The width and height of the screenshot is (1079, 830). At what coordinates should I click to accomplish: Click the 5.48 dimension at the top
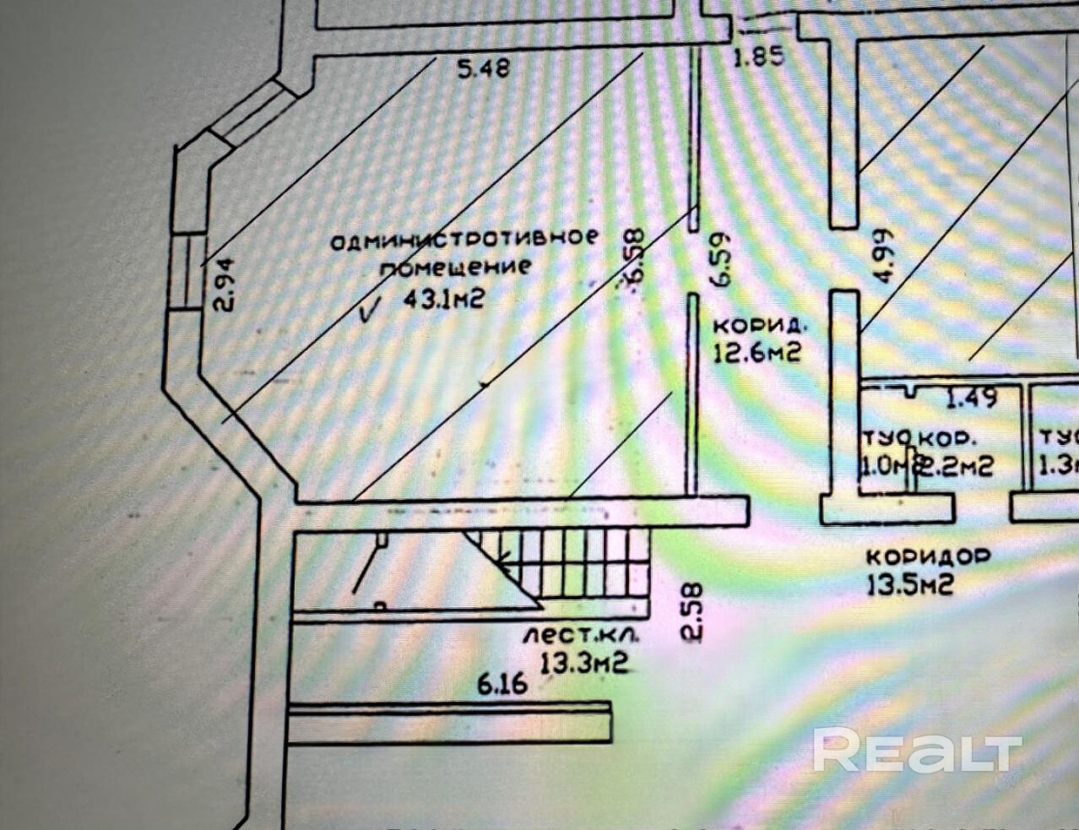483,68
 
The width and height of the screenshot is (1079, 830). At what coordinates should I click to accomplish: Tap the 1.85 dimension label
758,57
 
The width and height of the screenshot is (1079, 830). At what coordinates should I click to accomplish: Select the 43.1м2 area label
445,299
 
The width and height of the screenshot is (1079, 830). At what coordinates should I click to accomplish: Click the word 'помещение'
454,268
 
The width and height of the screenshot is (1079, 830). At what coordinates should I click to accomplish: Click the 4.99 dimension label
882,256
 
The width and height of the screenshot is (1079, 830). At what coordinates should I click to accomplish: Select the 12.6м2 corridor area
756,351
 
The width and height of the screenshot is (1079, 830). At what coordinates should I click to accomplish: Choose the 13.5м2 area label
910,583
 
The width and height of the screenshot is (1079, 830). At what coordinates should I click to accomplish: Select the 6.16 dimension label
503,682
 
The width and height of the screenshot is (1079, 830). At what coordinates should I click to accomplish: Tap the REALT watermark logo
917,749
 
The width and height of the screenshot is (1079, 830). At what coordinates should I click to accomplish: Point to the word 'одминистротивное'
463,239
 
